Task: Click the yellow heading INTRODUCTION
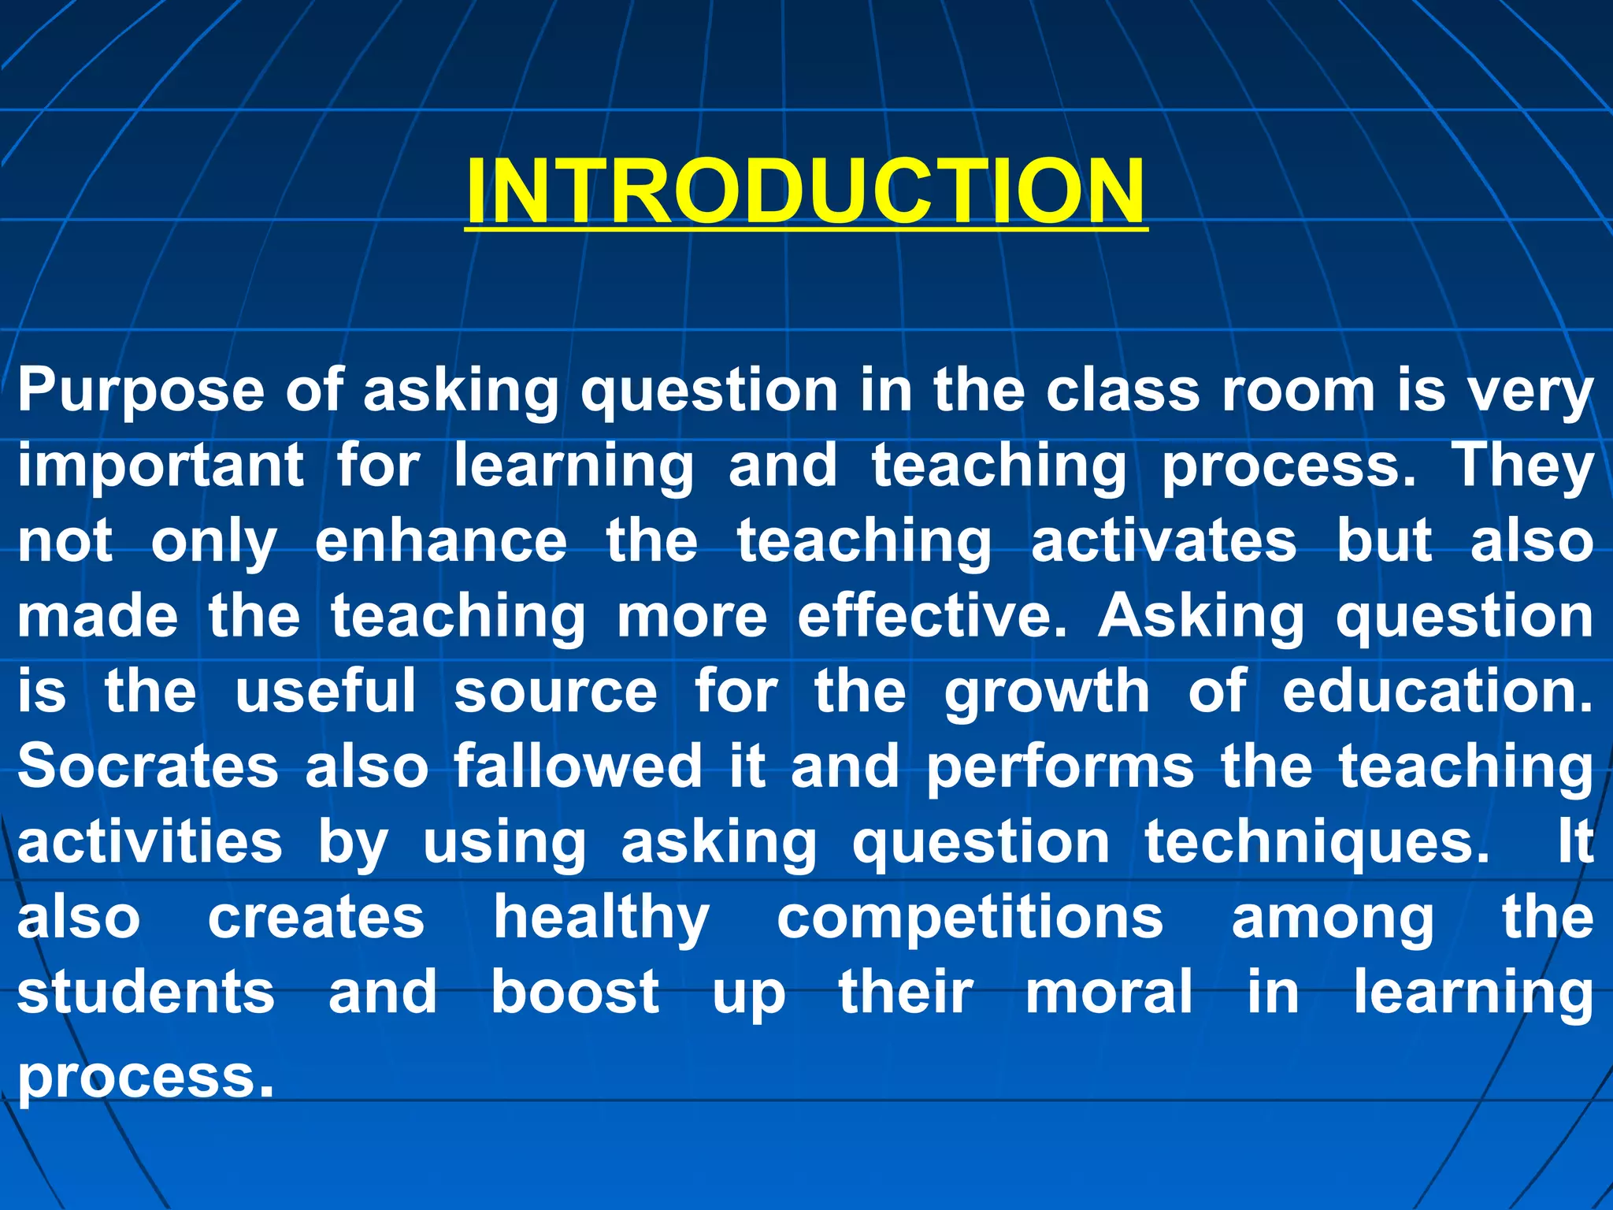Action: point(805,191)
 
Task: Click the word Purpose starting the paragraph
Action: point(141,392)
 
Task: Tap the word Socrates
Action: point(148,766)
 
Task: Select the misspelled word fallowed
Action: point(577,766)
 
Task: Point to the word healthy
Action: point(602,919)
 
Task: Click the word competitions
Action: point(970,919)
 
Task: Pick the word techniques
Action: point(1316,842)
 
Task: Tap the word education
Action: point(1437,692)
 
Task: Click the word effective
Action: point(932,616)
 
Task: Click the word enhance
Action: point(440,541)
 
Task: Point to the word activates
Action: point(1163,541)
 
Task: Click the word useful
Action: point(325,692)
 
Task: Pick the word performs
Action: point(1059,767)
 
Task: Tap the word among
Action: point(1332,920)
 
